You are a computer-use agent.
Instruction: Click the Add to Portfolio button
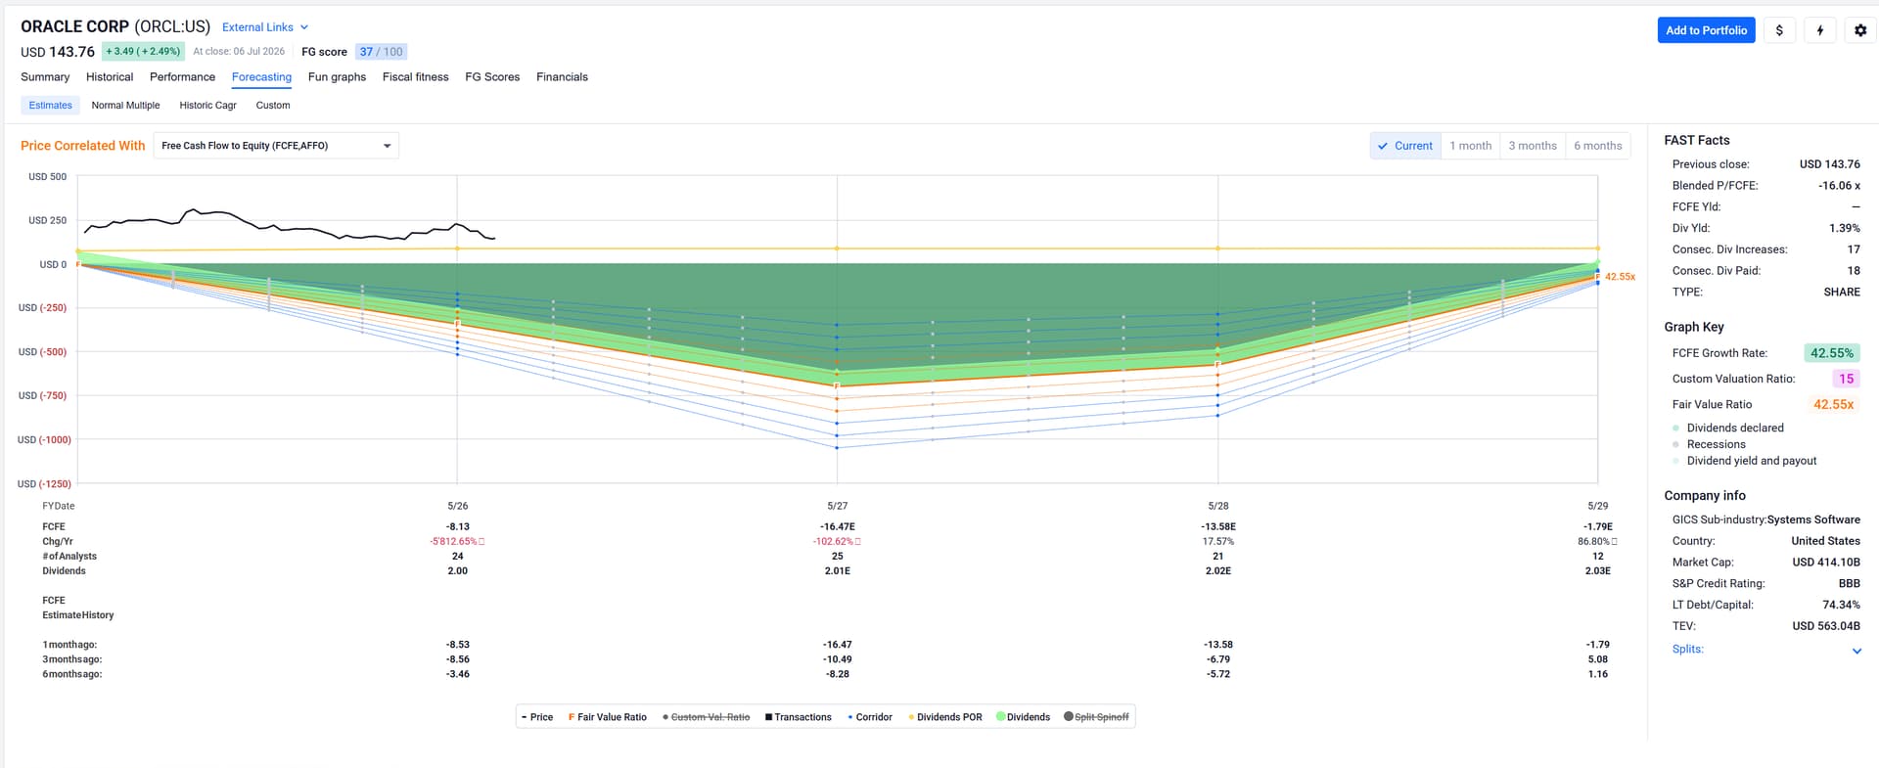tap(1706, 30)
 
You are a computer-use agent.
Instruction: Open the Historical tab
tap(110, 77)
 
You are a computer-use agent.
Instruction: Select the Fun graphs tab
tap(337, 77)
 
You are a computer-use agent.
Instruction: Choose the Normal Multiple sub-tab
tap(125, 106)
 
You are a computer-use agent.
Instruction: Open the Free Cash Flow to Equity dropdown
tap(276, 146)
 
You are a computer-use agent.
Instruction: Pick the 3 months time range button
tap(1533, 146)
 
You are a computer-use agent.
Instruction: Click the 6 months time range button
tap(1598, 146)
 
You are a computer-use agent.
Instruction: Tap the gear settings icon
tap(1860, 30)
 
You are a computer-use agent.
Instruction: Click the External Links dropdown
tap(265, 27)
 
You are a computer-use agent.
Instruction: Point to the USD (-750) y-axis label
tap(43, 396)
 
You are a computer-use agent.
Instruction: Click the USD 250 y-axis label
tap(47, 221)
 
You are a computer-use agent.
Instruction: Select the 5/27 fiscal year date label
tap(838, 507)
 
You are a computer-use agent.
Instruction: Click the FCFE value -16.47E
tap(838, 527)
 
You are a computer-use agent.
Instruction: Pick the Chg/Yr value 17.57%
tap(1218, 542)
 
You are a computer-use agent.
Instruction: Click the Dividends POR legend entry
tap(944, 717)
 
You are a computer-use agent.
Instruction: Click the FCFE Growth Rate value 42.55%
tap(1831, 353)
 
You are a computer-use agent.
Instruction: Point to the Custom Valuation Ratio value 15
tap(1846, 379)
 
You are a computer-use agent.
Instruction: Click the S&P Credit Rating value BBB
tap(1849, 584)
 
